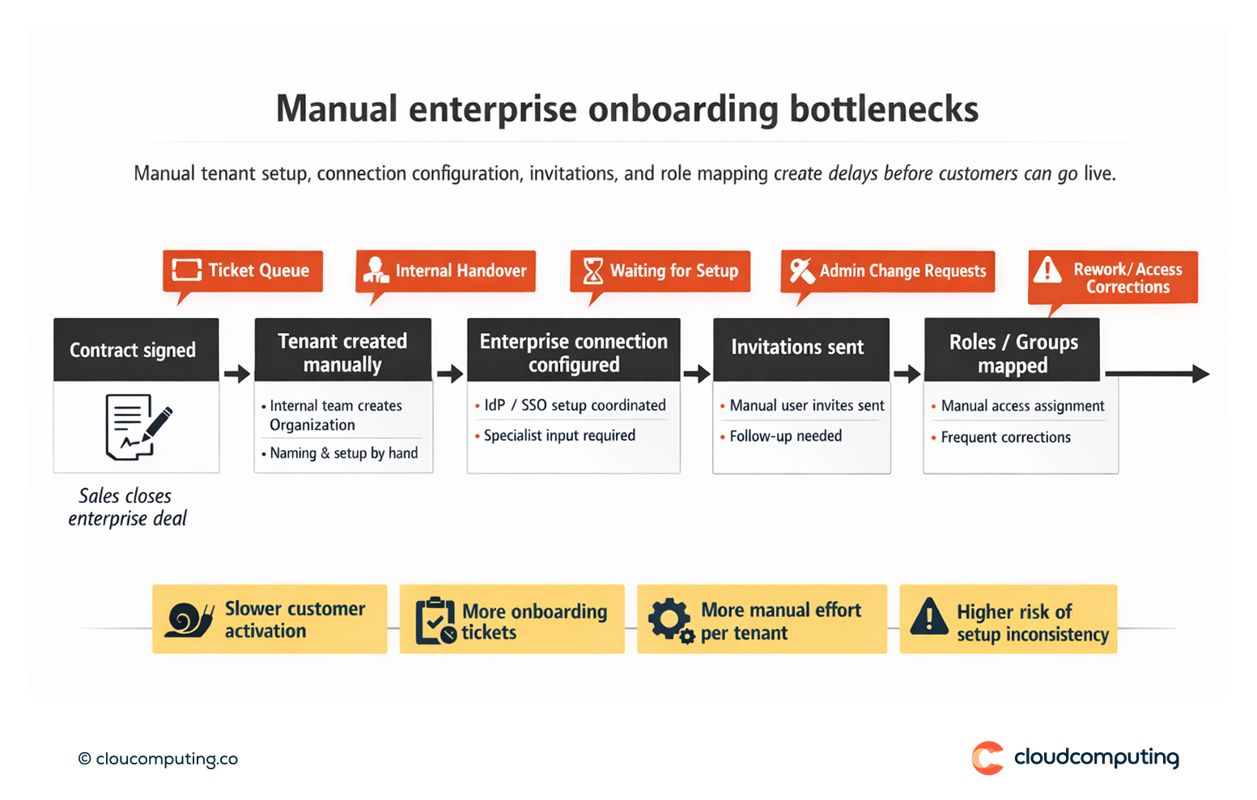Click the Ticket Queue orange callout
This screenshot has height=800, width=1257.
pos(243,270)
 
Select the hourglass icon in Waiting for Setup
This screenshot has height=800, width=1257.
pos(593,270)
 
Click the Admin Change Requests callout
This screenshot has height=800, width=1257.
pos(887,270)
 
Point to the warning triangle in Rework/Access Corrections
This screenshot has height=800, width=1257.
pos(1047,270)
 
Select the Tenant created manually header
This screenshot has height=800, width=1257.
pos(343,352)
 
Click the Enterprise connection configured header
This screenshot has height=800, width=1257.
pos(573,352)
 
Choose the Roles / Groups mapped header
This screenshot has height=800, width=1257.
pos(1013,352)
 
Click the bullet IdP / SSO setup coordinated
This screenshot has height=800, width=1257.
pos(575,405)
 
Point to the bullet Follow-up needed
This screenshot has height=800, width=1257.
pos(785,436)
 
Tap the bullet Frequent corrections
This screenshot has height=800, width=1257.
pos(1005,437)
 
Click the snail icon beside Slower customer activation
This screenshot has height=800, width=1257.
pos(189,620)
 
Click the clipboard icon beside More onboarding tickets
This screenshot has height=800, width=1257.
pos(435,621)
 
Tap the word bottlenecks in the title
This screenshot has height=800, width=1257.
pos(884,109)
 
